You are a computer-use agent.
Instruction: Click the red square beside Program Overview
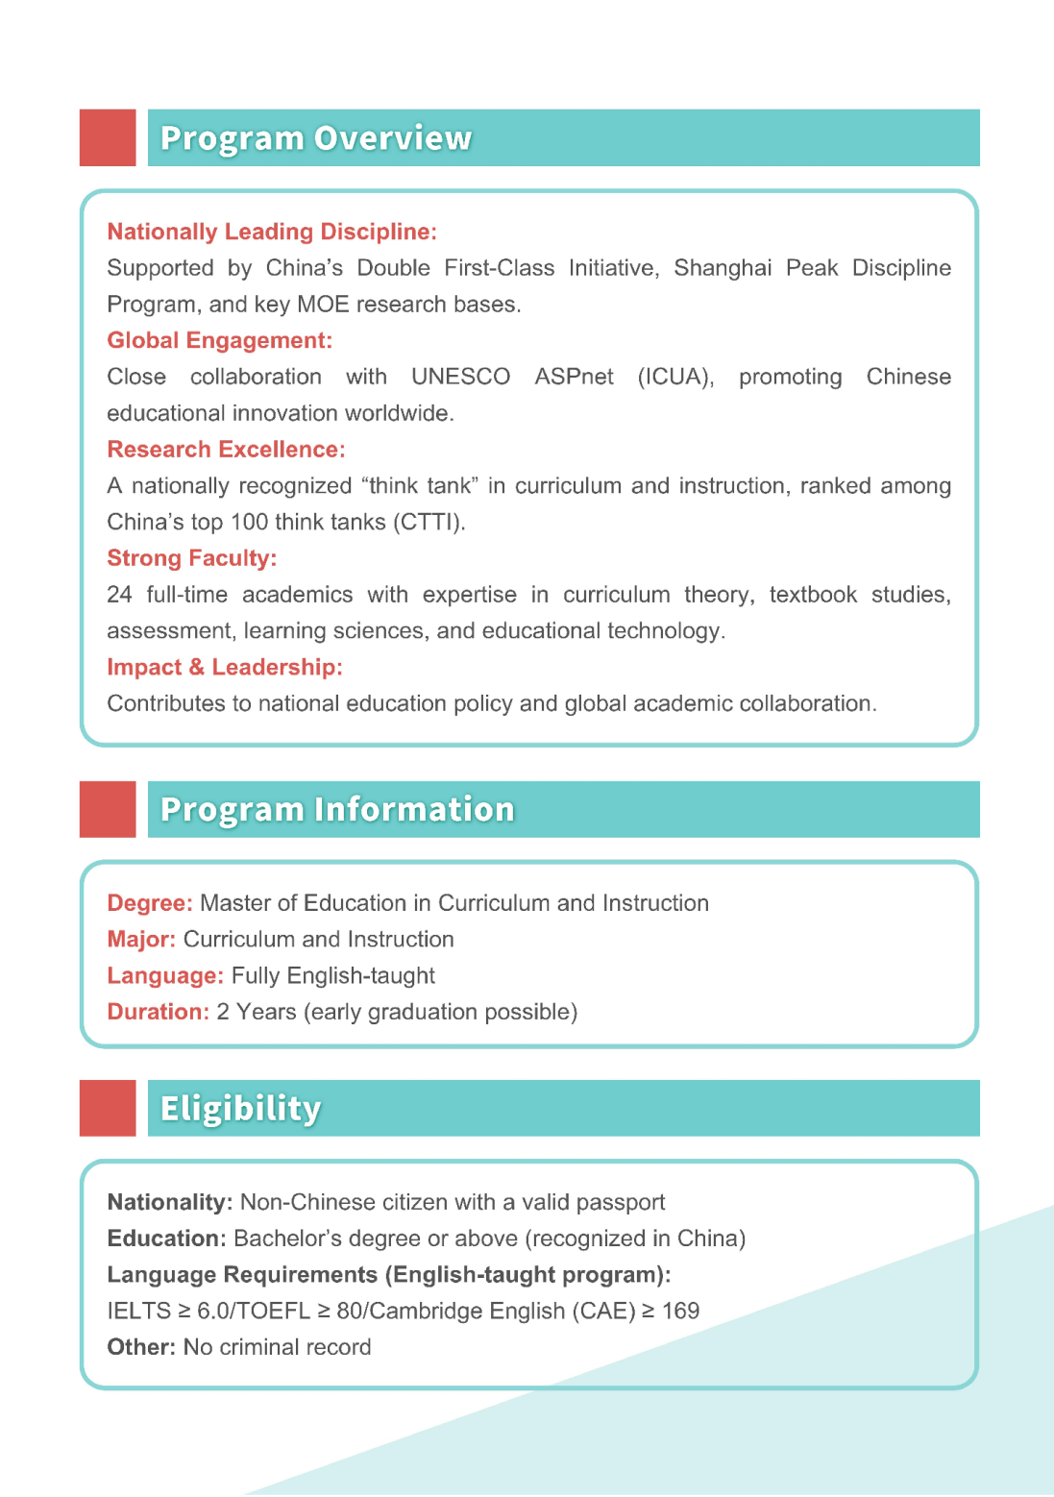tap(108, 137)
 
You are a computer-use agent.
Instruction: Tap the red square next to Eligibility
tap(108, 1108)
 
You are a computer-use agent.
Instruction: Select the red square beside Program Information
tap(108, 809)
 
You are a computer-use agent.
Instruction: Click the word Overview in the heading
tap(393, 138)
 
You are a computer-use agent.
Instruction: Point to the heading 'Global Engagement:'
tap(220, 340)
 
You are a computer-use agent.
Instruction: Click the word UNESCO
tap(460, 377)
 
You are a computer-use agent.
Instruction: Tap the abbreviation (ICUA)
tap(675, 377)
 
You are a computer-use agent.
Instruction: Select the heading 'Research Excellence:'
tap(226, 450)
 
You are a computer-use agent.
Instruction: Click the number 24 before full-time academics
tap(119, 595)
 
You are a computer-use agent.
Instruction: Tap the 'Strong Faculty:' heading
tap(192, 558)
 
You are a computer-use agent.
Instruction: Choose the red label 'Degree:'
tap(150, 903)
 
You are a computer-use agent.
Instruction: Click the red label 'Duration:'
tap(158, 1012)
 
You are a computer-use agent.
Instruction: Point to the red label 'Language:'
tap(165, 976)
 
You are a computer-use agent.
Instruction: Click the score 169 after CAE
tap(680, 1311)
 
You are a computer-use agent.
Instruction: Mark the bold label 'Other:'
tap(141, 1347)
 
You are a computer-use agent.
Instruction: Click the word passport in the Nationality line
tap(622, 1202)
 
